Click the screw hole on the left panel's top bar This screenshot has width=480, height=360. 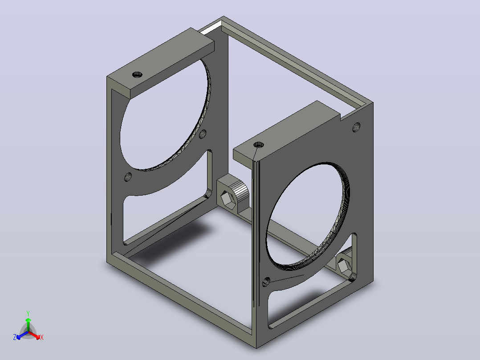(138, 74)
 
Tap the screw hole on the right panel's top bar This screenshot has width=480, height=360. (259, 144)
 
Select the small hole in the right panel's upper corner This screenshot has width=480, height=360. (356, 127)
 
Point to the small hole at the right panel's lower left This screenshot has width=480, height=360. (266, 282)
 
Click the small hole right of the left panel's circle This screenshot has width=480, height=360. (203, 134)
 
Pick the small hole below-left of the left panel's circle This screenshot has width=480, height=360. (128, 177)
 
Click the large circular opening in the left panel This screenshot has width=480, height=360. (165, 115)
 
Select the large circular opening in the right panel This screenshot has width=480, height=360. (308, 214)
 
